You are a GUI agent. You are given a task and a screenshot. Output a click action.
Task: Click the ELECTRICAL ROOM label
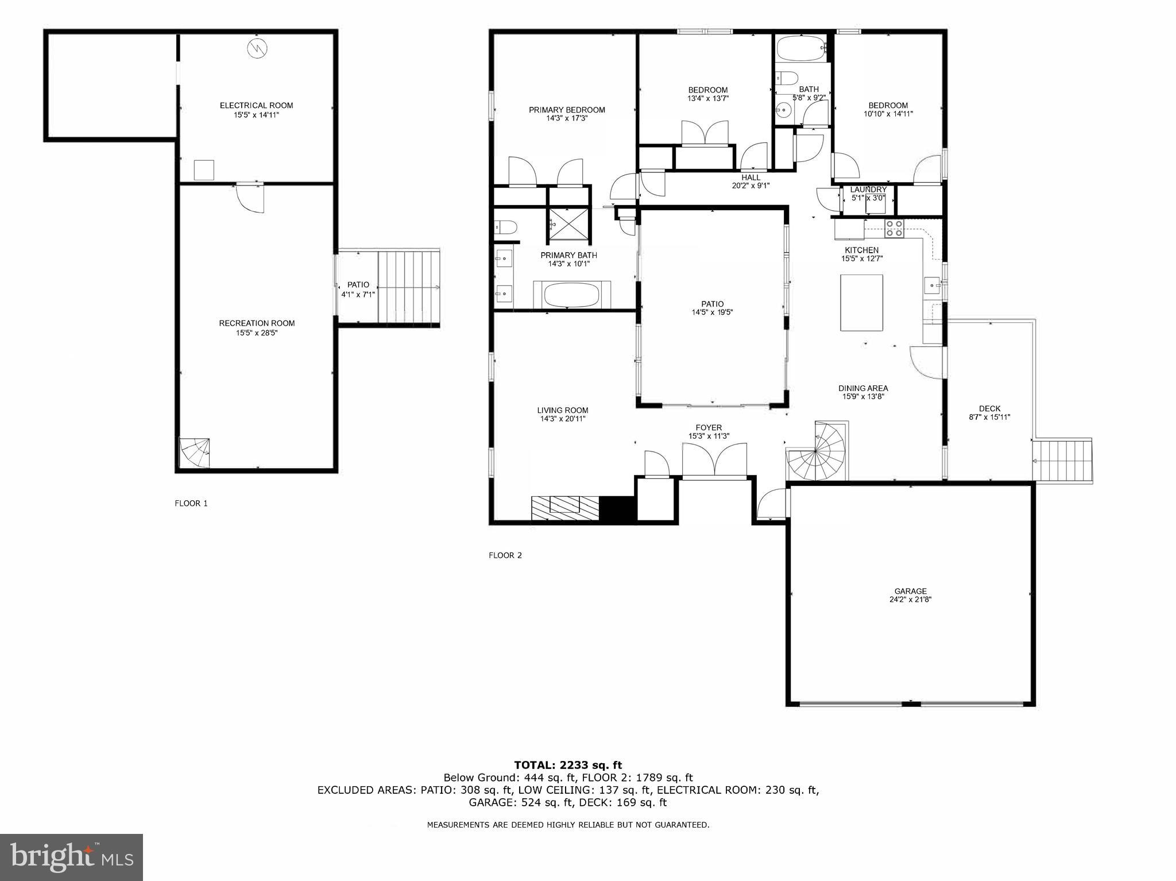coord(256,106)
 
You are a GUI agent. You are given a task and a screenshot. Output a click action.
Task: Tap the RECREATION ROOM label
coord(257,323)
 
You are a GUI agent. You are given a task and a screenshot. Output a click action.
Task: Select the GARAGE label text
coord(910,591)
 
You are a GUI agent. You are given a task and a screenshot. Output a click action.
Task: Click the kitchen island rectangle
coord(861,303)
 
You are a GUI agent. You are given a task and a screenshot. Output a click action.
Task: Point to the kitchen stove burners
coord(893,229)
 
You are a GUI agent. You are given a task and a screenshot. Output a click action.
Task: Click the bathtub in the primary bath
coord(571,295)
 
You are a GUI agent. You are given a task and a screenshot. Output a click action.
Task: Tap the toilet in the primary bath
coord(505,227)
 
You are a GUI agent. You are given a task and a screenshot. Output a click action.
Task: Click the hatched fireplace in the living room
coord(564,508)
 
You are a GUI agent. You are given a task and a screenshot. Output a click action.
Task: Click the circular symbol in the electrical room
coord(257,48)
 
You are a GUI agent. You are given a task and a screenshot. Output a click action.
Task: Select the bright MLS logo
coord(71,857)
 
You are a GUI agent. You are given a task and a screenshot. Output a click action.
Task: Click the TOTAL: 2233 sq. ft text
coord(568,765)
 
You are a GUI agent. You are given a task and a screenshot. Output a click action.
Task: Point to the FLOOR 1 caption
coord(191,504)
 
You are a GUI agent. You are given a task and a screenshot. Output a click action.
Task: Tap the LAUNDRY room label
coord(868,190)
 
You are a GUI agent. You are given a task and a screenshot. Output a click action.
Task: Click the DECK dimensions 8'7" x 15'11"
coord(989,418)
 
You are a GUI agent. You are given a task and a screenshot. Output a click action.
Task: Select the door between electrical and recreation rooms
coord(250,197)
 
